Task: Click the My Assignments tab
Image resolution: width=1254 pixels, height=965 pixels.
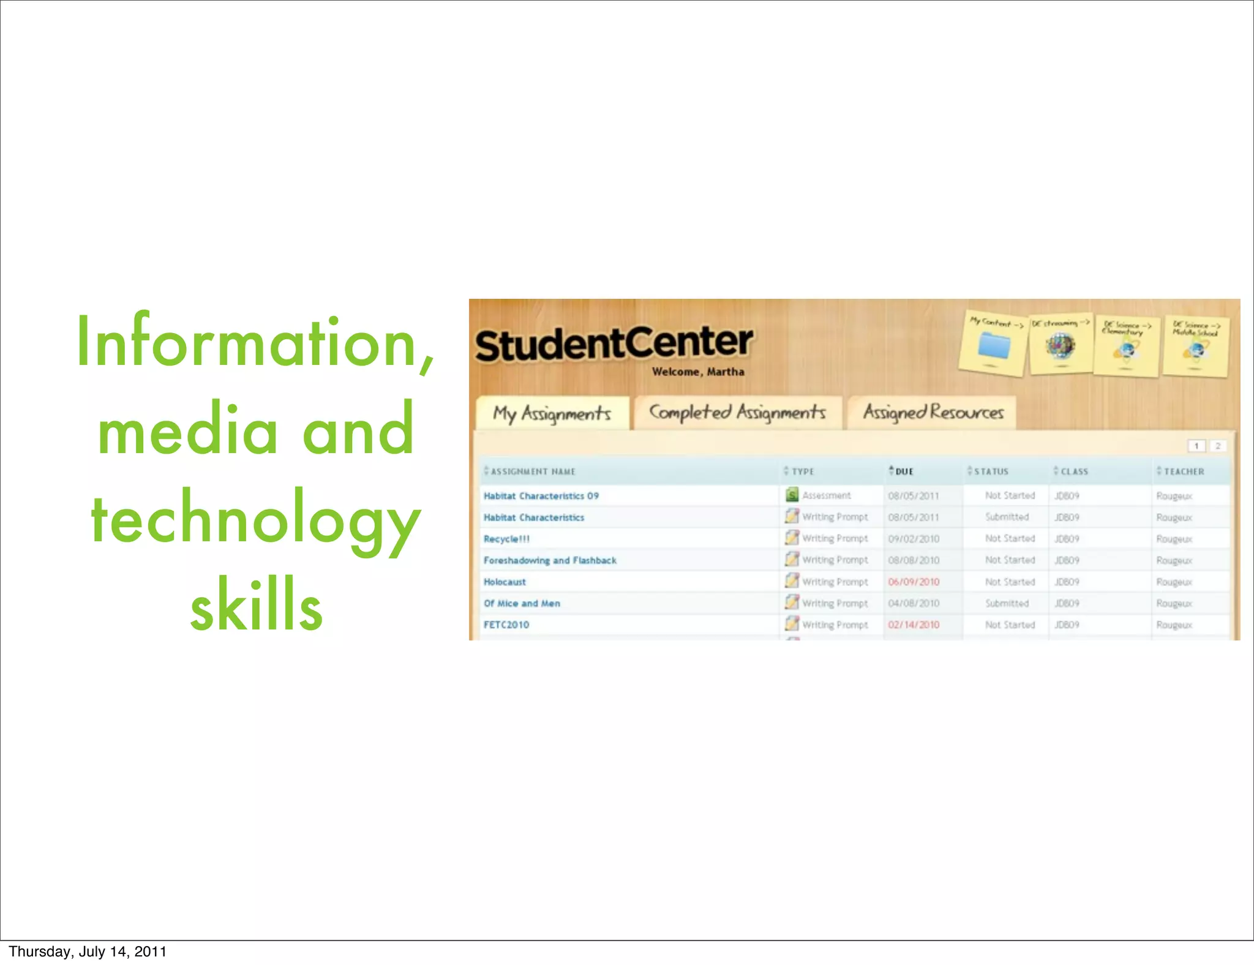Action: [552, 414]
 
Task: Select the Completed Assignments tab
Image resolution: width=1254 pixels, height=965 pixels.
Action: [737, 413]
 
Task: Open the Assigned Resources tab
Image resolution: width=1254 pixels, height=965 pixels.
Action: [933, 413]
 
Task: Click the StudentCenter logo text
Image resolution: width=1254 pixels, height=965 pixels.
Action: [614, 344]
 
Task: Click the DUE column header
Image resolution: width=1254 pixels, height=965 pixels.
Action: [904, 471]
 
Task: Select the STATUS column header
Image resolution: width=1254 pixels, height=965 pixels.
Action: [990, 471]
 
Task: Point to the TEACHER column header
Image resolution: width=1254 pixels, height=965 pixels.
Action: [1183, 471]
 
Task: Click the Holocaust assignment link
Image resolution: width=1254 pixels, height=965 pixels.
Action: [505, 582]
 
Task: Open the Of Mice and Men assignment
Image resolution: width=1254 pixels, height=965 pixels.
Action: [522, 603]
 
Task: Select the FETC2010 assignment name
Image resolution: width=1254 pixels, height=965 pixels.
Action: [506, 625]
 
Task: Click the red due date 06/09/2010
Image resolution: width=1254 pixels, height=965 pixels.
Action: [914, 582]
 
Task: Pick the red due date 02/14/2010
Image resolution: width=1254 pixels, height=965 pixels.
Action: [914, 625]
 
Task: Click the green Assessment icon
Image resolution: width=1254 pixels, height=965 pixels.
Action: [792, 495]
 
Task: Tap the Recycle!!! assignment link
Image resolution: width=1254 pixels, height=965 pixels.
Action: [506, 539]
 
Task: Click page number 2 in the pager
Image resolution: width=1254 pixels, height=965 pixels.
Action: [1218, 446]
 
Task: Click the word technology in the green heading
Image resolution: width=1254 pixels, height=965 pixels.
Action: [256, 518]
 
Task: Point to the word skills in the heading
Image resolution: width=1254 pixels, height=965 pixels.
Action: [256, 605]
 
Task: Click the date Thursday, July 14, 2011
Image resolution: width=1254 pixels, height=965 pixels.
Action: [88, 952]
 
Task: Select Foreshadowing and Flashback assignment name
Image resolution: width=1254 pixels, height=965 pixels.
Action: [550, 560]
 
